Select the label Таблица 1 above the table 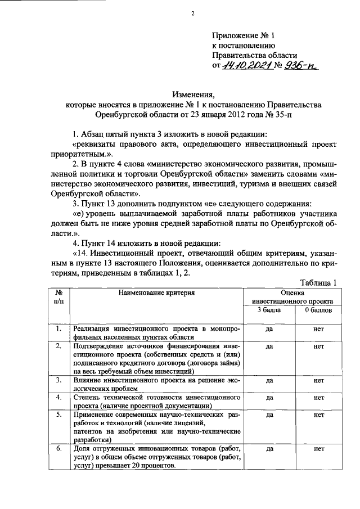(318, 283)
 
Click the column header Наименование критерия (157, 292)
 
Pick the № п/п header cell (58, 297)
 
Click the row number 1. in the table (58, 328)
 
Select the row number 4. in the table (58, 397)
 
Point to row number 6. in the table (58, 449)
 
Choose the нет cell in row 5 (319, 415)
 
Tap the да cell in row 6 (269, 449)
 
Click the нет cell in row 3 (319, 380)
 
